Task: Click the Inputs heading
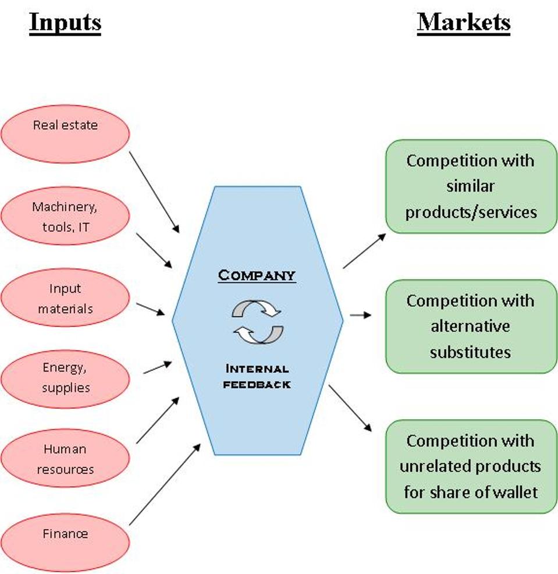click(x=65, y=23)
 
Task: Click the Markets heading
click(x=464, y=23)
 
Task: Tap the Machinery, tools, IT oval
click(x=65, y=216)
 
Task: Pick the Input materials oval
click(x=65, y=297)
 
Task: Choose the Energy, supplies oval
click(x=65, y=378)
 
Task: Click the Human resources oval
click(x=65, y=459)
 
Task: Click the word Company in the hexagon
click(x=257, y=275)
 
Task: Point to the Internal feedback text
click(x=257, y=377)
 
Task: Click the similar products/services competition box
click(x=471, y=186)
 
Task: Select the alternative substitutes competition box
click(x=471, y=326)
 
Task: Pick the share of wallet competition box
click(x=471, y=466)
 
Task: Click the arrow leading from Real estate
click(x=155, y=192)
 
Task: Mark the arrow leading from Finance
click(x=164, y=484)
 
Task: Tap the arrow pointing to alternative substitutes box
click(x=360, y=316)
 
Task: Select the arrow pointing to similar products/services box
click(x=364, y=251)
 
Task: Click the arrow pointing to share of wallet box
click(x=350, y=408)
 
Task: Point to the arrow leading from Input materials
click(x=151, y=309)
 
